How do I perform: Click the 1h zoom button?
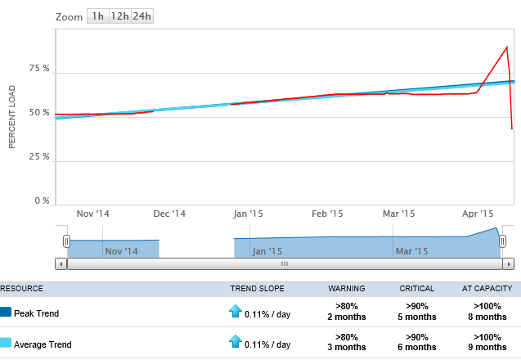click(x=97, y=16)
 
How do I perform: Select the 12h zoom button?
click(x=119, y=16)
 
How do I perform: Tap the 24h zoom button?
click(x=142, y=16)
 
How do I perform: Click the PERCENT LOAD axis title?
click(x=12, y=116)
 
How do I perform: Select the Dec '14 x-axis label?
click(x=169, y=214)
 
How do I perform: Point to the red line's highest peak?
click(x=507, y=47)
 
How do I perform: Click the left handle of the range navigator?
click(x=67, y=241)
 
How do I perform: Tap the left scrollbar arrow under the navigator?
click(x=60, y=264)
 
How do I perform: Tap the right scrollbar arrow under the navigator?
click(x=509, y=264)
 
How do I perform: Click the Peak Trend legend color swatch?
click(x=6, y=313)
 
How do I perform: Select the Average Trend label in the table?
click(x=43, y=344)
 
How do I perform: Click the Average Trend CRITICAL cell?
click(x=417, y=344)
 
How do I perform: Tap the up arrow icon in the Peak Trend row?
click(x=235, y=312)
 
